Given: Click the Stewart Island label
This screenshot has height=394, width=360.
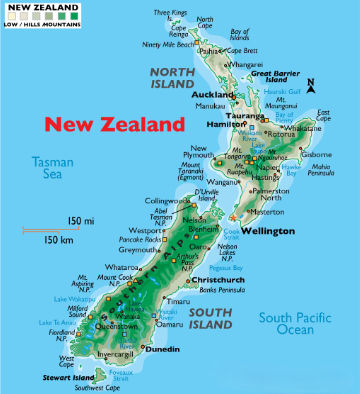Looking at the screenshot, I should (x=67, y=377).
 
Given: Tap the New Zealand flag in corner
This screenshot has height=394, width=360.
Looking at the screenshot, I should (x=15, y=13).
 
